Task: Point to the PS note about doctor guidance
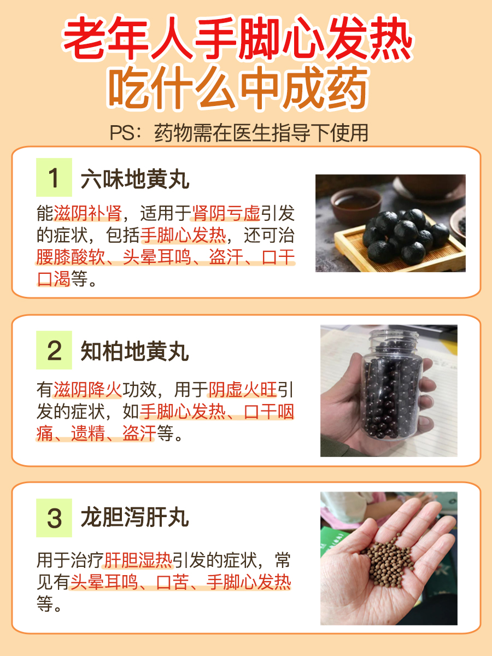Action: pos(238,133)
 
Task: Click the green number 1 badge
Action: pos(54,178)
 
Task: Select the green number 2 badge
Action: pos(54,350)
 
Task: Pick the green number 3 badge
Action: pos(54,518)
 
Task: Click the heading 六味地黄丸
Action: pos(135,179)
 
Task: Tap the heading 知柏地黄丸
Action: pos(135,352)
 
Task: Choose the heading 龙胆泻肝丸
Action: pos(135,518)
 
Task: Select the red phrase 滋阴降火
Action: pos(87,390)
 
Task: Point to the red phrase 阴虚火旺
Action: pos(243,390)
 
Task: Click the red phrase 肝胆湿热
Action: pos(138,560)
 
